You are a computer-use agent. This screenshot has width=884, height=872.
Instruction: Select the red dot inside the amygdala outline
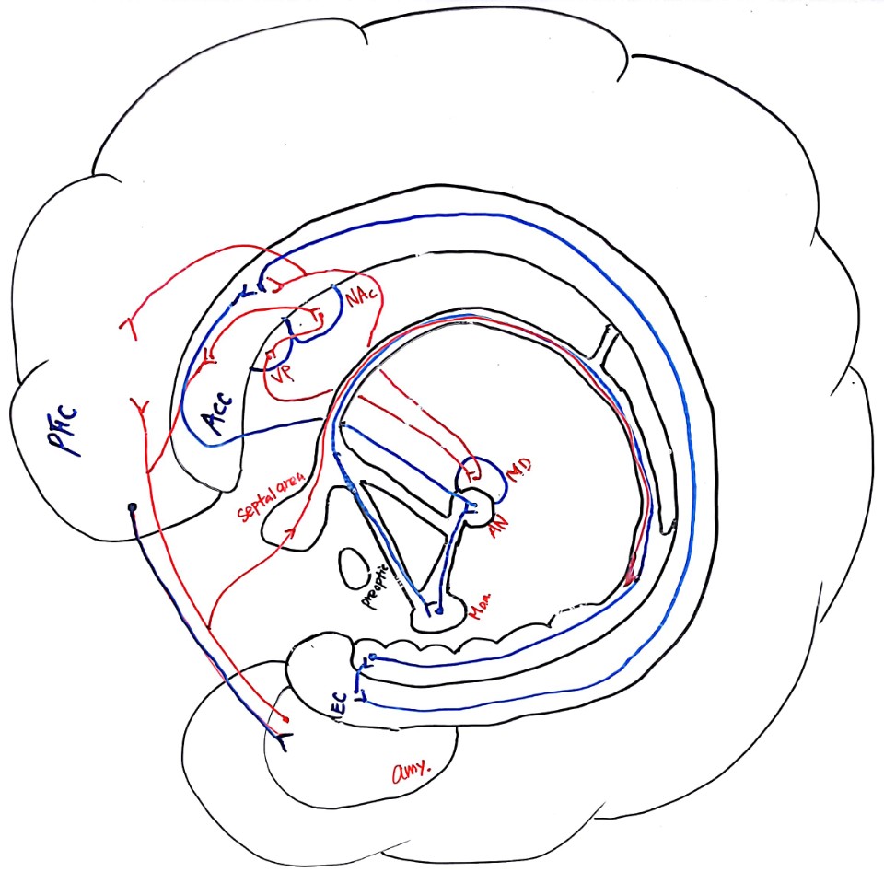pyautogui.click(x=285, y=717)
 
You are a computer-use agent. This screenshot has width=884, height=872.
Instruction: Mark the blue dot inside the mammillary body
pyautogui.click(x=440, y=610)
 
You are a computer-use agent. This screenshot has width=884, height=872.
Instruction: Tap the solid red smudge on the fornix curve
pyautogui.click(x=629, y=576)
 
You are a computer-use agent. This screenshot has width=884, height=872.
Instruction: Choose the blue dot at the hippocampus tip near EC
pyautogui.click(x=372, y=657)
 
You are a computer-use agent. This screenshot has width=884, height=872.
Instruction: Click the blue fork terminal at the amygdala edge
pyautogui.click(x=277, y=736)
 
